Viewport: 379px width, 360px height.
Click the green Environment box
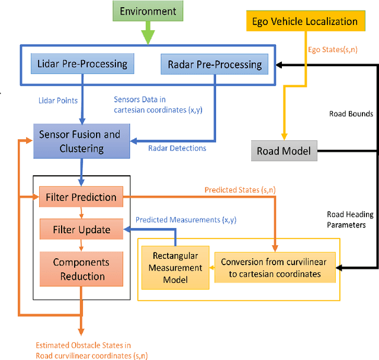pos(147,11)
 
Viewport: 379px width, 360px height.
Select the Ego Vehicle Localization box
pos(305,22)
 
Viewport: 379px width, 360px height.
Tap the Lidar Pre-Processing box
pos(82,63)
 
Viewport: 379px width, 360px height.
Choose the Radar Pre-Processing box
pos(211,64)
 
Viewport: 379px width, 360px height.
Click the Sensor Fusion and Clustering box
pos(79,141)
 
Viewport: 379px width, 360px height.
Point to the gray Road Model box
pos(284,151)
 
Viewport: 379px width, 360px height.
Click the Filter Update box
pos(82,229)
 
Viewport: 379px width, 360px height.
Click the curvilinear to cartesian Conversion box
pos(274,267)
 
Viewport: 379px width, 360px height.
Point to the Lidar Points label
pos(57,101)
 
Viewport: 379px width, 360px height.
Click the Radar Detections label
pos(177,148)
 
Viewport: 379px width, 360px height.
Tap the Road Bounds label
pos(351,114)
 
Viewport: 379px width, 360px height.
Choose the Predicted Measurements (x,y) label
pos(186,220)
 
